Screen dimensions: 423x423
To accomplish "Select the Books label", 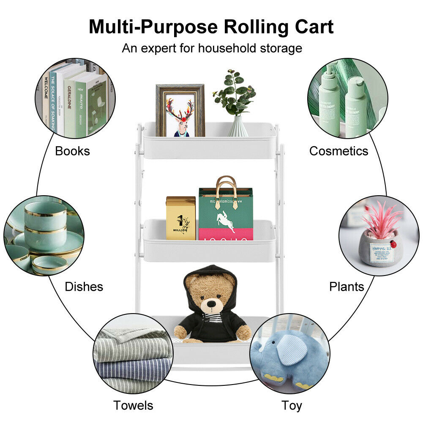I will pos(72,151).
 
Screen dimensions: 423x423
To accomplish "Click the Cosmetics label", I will pos(338,151).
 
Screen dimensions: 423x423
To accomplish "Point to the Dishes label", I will pos(84,287).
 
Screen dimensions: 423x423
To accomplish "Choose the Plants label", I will pos(347,287).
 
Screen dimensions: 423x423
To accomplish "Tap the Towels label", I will pos(133,406).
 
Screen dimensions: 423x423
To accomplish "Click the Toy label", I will pos(292,406).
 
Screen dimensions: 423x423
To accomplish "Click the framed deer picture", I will pos(180,111).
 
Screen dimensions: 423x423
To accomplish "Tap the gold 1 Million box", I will pos(181,218).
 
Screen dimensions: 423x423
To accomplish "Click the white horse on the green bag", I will pos(226,220).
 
